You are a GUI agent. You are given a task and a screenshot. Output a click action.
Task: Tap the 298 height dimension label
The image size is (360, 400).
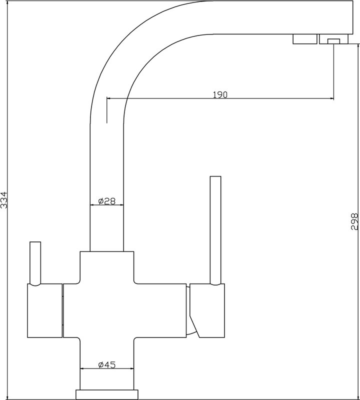[x=355, y=221]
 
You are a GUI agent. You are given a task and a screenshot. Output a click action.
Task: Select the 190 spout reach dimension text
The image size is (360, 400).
[x=220, y=94]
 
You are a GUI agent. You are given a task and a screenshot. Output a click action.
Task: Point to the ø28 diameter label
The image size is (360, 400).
[x=107, y=201]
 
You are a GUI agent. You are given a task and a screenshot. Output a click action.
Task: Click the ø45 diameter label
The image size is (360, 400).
[x=107, y=365]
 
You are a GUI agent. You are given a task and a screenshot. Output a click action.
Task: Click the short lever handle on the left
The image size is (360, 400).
[x=35, y=263]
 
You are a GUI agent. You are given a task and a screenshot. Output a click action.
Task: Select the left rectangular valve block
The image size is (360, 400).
[x=44, y=310]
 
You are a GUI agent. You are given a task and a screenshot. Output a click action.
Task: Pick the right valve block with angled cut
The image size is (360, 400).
[x=207, y=310]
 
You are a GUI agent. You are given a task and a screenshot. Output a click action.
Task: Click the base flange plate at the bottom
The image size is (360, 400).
[x=107, y=394]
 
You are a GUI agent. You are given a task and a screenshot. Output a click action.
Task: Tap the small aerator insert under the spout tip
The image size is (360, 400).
[x=333, y=41]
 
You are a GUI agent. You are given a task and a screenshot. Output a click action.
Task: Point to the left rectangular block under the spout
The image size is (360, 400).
[x=304, y=39]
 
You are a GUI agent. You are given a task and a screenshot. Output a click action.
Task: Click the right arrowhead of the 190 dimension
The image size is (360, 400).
[x=331, y=98]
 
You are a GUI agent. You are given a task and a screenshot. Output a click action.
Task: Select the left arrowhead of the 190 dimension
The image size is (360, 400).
[x=109, y=98]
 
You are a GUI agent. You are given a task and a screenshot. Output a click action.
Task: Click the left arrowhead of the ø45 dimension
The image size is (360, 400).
[x=82, y=368]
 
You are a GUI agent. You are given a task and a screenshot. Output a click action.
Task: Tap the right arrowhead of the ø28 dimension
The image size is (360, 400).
[x=121, y=204]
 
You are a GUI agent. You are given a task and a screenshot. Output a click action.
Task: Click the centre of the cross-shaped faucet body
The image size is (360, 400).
[x=107, y=310]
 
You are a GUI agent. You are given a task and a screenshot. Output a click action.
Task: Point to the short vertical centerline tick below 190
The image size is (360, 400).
[x=106, y=110]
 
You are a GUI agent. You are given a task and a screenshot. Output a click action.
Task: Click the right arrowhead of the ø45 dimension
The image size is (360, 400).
[x=131, y=368]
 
